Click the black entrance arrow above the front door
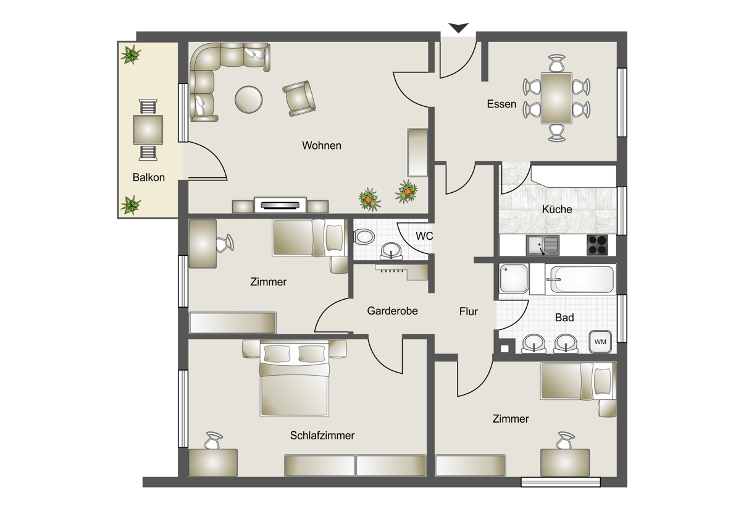[458, 27]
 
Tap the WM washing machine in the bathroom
[600, 342]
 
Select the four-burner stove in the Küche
[597, 245]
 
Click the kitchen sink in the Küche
[543, 245]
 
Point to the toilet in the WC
[364, 237]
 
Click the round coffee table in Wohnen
[248, 99]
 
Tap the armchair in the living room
[299, 98]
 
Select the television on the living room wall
[280, 205]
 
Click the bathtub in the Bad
[580, 279]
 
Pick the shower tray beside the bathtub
[514, 279]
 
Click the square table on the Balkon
[148, 129]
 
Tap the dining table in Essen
[556, 98]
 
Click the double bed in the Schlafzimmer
[294, 378]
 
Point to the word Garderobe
[392, 311]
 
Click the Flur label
[469, 311]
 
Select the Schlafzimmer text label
[322, 436]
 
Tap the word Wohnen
[322, 145]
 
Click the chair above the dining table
[557, 63]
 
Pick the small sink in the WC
[391, 251]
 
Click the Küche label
[557, 209]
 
